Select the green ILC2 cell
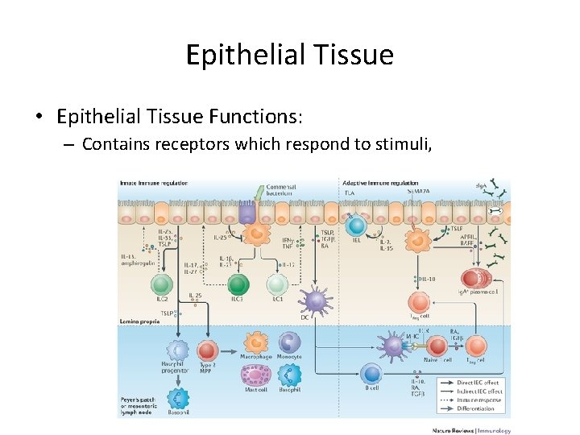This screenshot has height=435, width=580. [x=162, y=284]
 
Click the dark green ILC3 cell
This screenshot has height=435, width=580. [x=238, y=284]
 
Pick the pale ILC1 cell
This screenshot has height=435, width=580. [x=276, y=284]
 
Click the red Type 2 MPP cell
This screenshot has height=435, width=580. [x=208, y=350]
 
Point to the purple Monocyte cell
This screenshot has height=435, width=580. [x=288, y=342]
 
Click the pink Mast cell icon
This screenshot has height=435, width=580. [x=255, y=375]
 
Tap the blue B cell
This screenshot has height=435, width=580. [x=371, y=373]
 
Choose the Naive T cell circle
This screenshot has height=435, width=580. [x=436, y=346]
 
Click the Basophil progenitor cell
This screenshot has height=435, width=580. [x=176, y=350]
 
